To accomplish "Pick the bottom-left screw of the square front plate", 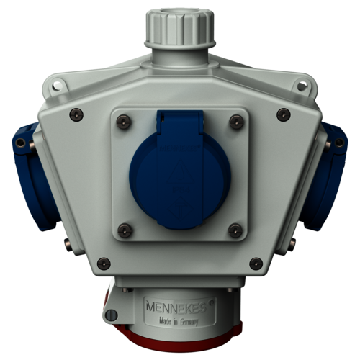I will tap(125, 230).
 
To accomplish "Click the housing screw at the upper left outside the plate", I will tap(74, 112).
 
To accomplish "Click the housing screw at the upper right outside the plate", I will tap(284, 112).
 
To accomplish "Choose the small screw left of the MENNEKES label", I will tap(109, 315).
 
